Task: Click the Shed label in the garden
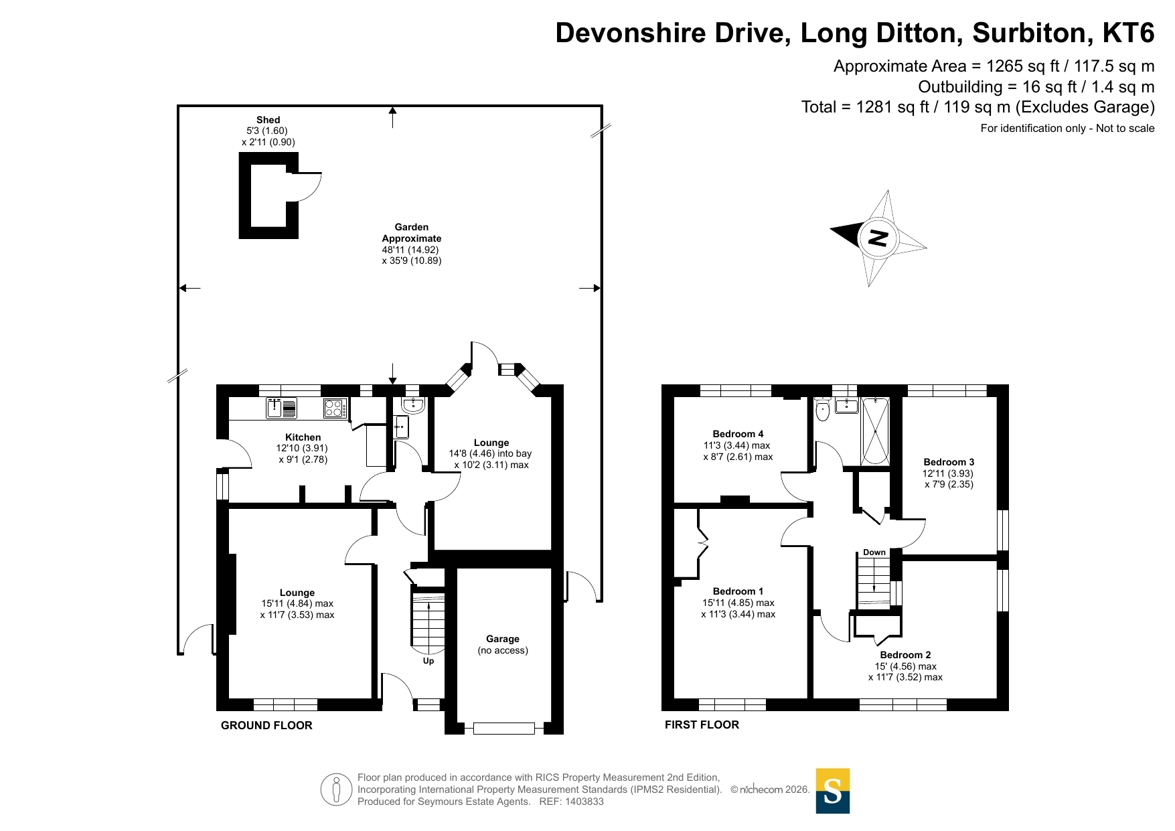pos(268,120)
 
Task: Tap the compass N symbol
pos(878,238)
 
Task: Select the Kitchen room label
pos(303,437)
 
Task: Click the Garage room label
pos(503,639)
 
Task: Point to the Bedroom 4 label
pos(738,434)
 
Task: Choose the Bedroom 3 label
pos(949,462)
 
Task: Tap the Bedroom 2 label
pos(905,655)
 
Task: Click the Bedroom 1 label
pos(738,591)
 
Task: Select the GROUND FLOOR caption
pos(266,725)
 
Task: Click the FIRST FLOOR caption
pos(702,725)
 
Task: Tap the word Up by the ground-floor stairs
pos(428,661)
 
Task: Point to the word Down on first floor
pos(874,552)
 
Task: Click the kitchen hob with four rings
pos(335,408)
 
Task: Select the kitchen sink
pos(282,408)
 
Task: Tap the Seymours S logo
pos(833,791)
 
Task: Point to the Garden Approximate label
pos(411,233)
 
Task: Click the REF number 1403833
pos(584,802)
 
